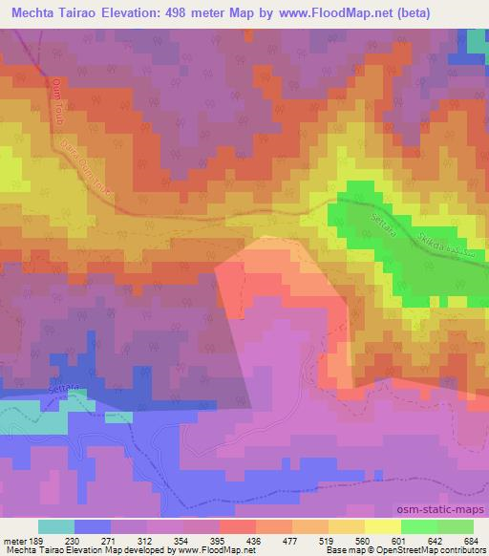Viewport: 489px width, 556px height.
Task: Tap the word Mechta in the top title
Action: pos(37,13)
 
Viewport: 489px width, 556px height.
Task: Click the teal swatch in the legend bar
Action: pos(56,526)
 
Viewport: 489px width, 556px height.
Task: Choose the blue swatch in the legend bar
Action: pos(92,526)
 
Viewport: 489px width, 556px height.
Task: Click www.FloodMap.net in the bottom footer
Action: pos(208,551)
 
